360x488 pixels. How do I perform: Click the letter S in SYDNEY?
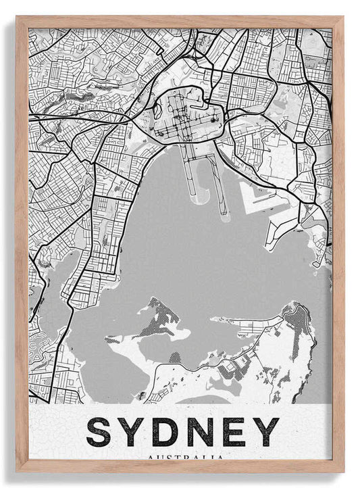(99, 432)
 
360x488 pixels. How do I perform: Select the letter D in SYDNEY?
(166, 432)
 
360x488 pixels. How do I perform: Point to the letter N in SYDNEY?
(201, 432)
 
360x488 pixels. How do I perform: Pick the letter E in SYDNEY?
(234, 432)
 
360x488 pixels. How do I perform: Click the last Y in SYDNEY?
(265, 432)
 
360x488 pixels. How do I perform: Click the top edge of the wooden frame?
(180, 21)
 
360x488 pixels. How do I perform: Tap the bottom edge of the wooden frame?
(180, 467)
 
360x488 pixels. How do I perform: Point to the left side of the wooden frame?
(22, 243)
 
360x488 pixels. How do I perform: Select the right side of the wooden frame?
(338, 243)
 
